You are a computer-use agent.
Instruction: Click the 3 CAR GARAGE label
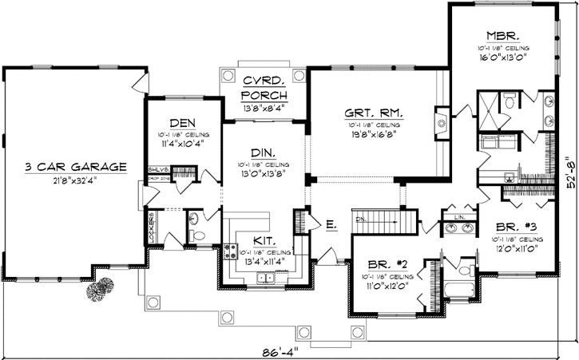76,167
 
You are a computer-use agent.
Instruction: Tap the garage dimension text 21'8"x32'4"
76,180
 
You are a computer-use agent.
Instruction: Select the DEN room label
181,122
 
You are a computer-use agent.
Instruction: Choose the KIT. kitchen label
265,239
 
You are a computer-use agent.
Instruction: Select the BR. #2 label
385,264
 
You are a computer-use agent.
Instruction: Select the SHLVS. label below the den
157,169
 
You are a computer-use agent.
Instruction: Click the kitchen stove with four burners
232,253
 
